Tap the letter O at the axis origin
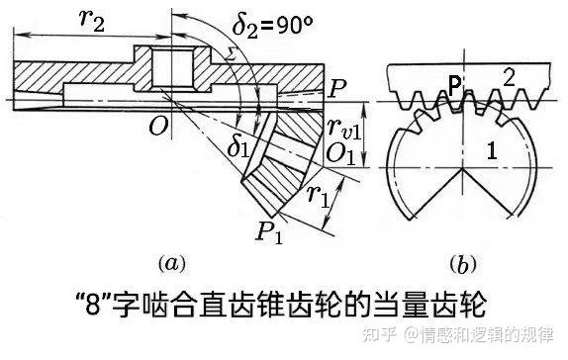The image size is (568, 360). [x=153, y=125]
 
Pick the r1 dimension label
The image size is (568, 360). [x=318, y=195]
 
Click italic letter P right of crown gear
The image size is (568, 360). [x=337, y=89]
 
